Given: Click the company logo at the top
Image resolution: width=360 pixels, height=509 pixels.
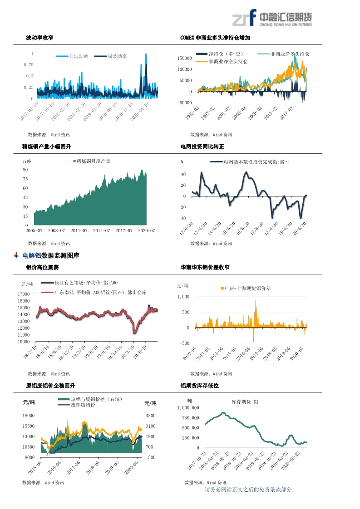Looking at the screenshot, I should click(x=272, y=19).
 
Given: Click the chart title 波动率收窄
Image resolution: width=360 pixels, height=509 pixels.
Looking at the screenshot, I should click(x=39, y=38).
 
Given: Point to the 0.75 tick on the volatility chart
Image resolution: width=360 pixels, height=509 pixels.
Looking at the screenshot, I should click(x=29, y=65).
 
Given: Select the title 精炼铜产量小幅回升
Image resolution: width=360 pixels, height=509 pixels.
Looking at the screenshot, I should click(x=47, y=147).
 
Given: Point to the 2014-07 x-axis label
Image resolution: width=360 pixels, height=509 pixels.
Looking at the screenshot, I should click(x=101, y=231).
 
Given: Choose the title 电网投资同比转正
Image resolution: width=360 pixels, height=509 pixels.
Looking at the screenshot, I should click(x=202, y=147).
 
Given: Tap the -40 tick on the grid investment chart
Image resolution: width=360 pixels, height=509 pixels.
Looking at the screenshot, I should click(x=183, y=218).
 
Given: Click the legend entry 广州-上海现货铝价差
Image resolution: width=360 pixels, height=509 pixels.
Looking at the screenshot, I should click(x=247, y=289).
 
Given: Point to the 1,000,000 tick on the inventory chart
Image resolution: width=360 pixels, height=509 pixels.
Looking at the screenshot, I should click(x=187, y=408).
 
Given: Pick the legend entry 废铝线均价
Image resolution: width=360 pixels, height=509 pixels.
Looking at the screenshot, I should click(x=83, y=405).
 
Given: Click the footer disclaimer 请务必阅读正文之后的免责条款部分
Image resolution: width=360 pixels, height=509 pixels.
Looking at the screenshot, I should click(x=248, y=489).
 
